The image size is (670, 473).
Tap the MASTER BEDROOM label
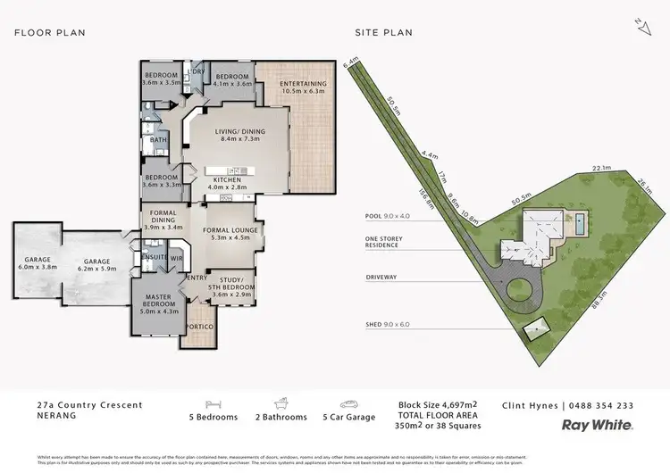pyautogui.click(x=157, y=301)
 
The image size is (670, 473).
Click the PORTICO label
pyautogui.click(x=199, y=328)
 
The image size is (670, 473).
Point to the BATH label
pyautogui.click(x=158, y=140)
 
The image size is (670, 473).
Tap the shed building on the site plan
pyautogui.click(x=536, y=329)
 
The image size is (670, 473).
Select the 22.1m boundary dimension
pyautogui.click(x=577, y=167)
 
